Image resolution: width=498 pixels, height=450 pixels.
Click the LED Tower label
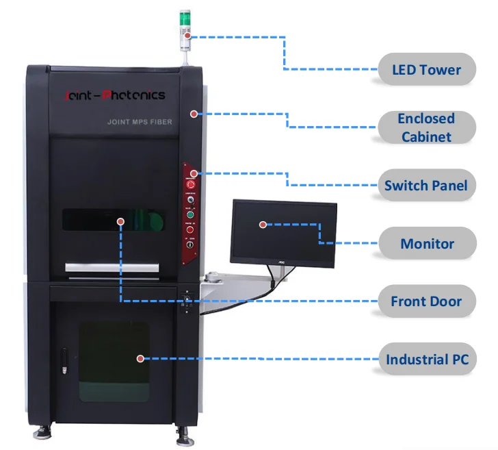click(426, 69)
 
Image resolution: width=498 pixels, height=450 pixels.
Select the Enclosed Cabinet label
click(426, 127)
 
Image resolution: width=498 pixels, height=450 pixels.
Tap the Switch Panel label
click(425, 186)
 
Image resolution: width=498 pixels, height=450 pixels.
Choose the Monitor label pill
click(427, 244)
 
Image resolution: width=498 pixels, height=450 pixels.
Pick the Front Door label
click(425, 301)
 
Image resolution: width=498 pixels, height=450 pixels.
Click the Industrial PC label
click(427, 360)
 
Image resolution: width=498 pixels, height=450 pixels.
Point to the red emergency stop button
click(191, 185)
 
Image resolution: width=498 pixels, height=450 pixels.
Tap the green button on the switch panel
click(190, 214)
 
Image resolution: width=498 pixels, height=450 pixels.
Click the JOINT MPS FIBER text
click(140, 122)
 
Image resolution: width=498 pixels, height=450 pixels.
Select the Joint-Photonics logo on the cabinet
click(114, 96)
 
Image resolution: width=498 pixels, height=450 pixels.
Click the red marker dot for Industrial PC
click(140, 358)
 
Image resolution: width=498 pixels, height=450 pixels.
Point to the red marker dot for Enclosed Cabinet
click(194, 113)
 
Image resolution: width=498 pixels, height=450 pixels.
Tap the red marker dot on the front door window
click(120, 221)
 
